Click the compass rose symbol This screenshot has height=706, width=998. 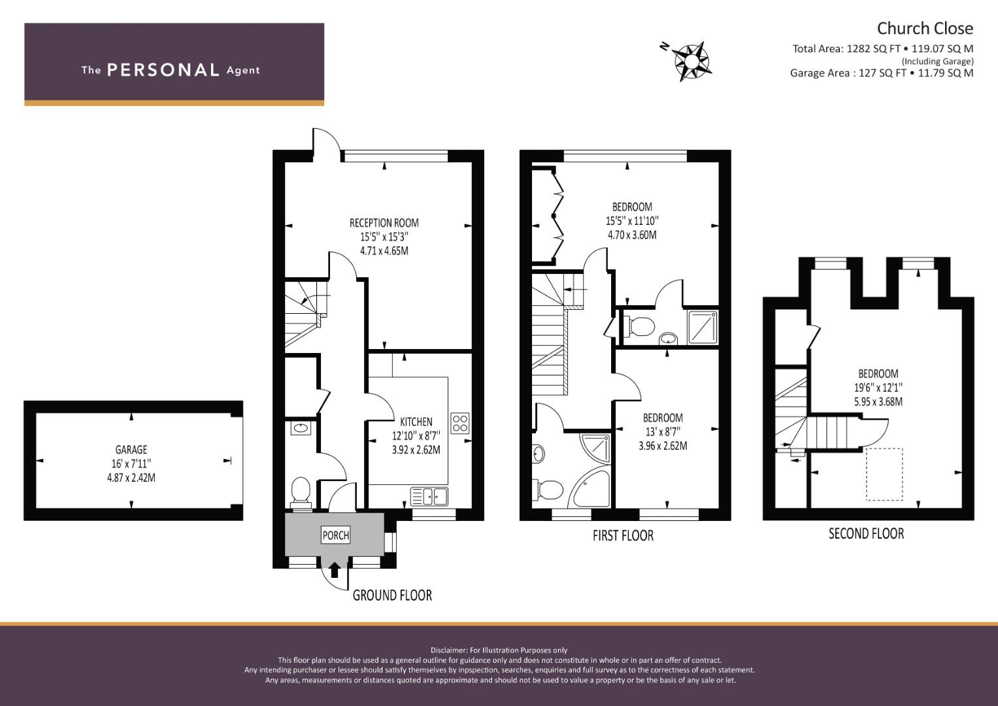[x=691, y=61]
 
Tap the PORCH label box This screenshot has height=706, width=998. [x=336, y=535]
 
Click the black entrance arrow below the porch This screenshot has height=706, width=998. [x=335, y=570]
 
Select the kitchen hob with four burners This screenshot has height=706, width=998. [x=459, y=422]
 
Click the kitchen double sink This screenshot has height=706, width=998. [x=429, y=496]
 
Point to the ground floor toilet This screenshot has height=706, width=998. [x=301, y=491]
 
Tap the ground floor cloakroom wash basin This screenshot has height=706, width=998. [x=301, y=429]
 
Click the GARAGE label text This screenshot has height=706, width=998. [x=131, y=450]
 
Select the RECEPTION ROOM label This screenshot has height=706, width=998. [x=384, y=223]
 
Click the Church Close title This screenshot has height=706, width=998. [x=924, y=28]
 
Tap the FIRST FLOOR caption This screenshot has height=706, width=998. [x=623, y=536]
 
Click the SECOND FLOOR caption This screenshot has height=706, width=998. [x=866, y=533]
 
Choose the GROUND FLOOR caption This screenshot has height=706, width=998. [x=392, y=595]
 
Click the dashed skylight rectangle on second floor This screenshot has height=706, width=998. [x=884, y=474]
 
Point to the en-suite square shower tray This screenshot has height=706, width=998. [x=703, y=327]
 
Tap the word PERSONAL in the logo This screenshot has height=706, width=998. [x=162, y=70]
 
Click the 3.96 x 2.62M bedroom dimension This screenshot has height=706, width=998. [x=663, y=446]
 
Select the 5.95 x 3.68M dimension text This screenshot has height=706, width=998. [x=878, y=402]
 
